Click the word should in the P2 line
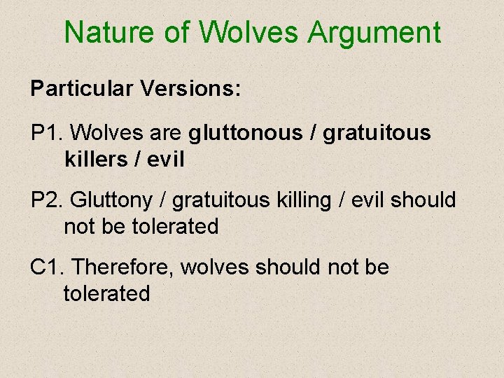pos(423,200)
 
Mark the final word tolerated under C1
pos(106,293)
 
